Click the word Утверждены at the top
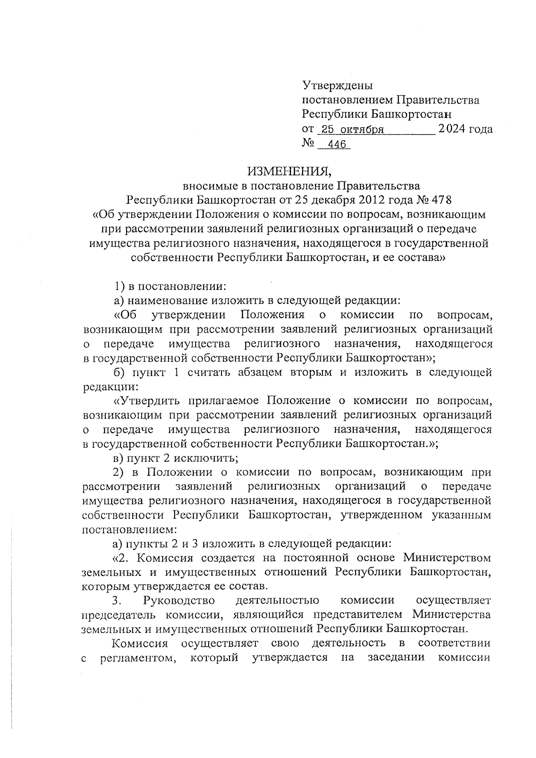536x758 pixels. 337,85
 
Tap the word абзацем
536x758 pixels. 257,373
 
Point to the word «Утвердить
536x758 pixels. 146,401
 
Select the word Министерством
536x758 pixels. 447,558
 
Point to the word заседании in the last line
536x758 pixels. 394,658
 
